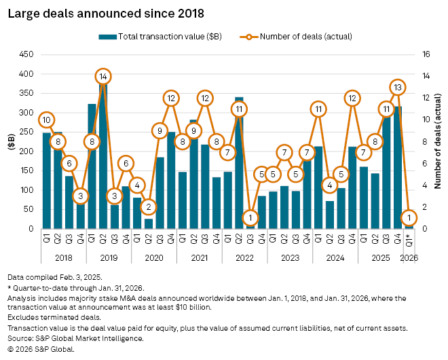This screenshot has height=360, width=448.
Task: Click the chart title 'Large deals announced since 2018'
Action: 106,13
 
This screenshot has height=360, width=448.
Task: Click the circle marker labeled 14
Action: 103,77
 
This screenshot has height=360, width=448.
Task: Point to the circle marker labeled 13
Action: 398,87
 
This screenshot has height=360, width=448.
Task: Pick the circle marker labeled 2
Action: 149,206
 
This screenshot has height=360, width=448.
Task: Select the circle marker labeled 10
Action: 46,120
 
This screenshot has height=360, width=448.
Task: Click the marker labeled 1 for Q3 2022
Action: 250,217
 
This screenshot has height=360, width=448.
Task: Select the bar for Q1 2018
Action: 46,181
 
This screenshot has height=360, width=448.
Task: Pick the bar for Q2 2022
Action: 239,163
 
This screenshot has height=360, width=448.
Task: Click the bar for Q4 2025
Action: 398,168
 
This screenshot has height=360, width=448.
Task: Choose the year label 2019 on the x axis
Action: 109,258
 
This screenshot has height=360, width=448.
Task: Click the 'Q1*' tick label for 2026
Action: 409,240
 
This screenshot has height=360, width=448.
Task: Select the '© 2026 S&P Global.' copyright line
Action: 41,349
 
